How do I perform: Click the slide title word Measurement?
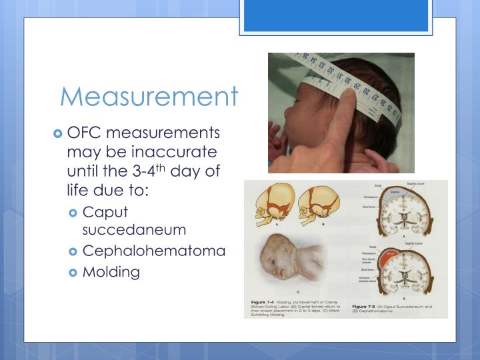[x=149, y=96]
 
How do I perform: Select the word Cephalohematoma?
[x=154, y=251]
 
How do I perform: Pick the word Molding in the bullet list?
[x=111, y=272]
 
